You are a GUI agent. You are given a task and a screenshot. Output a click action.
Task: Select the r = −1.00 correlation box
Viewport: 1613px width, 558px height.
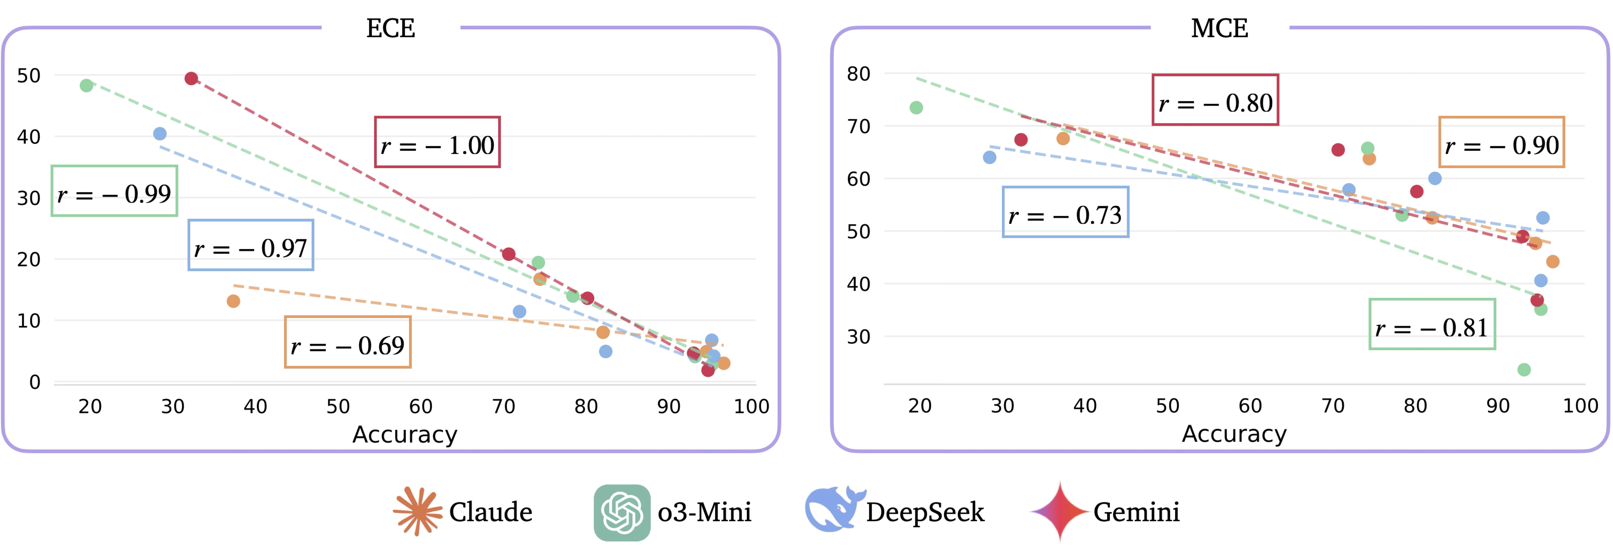click(437, 142)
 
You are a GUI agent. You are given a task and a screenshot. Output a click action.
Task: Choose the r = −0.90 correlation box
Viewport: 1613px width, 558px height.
click(1501, 142)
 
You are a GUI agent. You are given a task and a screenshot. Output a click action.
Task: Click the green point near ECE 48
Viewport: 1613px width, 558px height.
click(86, 85)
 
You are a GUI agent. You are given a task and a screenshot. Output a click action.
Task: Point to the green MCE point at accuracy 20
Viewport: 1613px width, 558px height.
click(916, 108)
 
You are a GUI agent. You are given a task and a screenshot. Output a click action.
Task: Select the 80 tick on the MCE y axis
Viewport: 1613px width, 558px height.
click(859, 74)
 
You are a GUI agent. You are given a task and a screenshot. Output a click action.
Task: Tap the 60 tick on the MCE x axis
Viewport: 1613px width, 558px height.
click(1250, 406)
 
